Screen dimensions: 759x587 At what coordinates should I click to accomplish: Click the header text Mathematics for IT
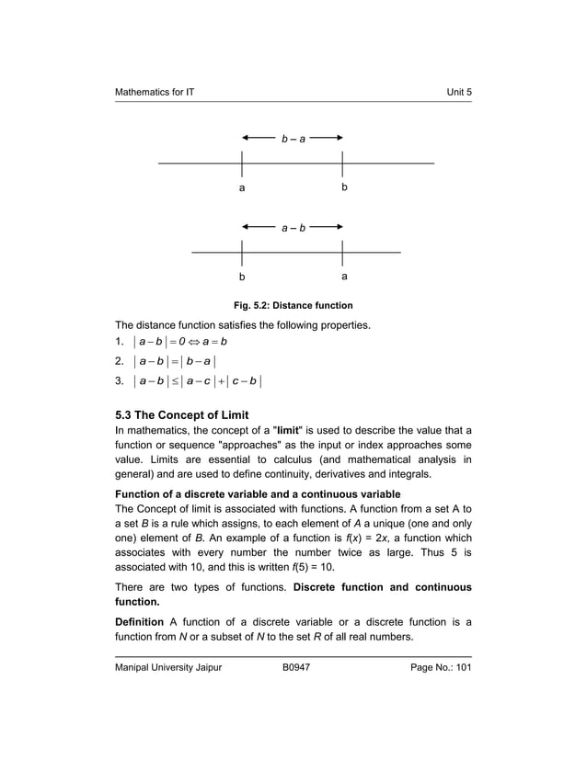pos(154,93)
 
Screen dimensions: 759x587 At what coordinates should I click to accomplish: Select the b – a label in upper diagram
pos(293,139)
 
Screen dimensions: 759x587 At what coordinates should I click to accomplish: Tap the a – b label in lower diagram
pos(293,227)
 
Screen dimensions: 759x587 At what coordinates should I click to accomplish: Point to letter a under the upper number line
pos(242,188)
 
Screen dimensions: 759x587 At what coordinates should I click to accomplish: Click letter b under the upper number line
pos(343,187)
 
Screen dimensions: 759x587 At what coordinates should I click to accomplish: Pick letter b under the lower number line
pos(242,276)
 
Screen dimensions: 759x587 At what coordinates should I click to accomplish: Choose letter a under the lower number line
pos(343,276)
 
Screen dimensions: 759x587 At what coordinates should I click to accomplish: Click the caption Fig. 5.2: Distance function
pos(293,305)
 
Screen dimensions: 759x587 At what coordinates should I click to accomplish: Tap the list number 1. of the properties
pos(120,342)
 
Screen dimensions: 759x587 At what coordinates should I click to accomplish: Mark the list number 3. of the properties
pos(120,380)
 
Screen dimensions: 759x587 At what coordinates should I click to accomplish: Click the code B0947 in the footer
pos(295,668)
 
